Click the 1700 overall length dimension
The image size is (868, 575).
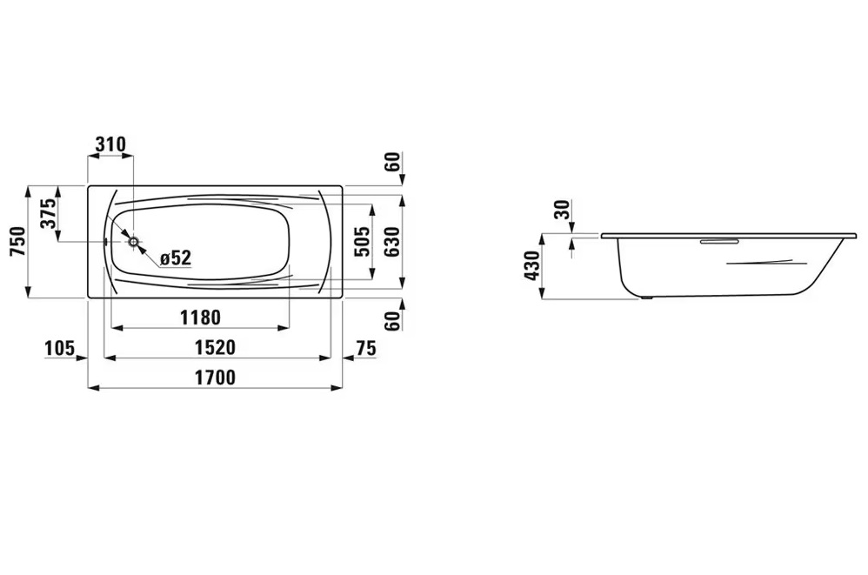[216, 378]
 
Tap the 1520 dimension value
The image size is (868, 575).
[216, 348]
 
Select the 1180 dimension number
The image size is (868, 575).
[200, 318]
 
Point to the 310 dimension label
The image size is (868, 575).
[110, 144]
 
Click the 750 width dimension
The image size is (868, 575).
[18, 241]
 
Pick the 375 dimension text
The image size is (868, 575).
[48, 214]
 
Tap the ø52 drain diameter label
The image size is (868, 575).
[175, 257]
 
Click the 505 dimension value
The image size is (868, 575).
[362, 241]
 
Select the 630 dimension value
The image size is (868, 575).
[392, 241]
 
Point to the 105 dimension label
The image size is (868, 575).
[59, 348]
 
